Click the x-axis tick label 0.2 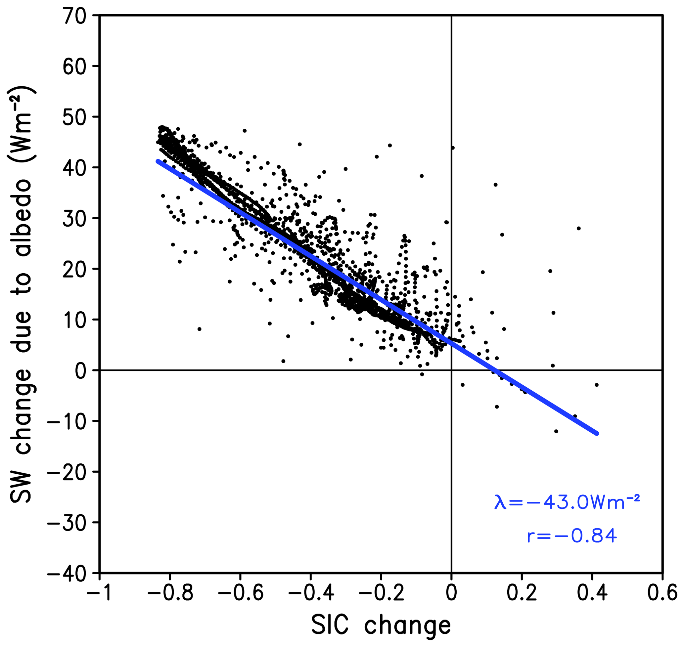[522, 593]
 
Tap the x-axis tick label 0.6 [662, 593]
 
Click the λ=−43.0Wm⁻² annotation [567, 502]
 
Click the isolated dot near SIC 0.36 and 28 [579, 228]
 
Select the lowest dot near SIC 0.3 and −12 [556, 431]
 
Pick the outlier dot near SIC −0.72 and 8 [199, 329]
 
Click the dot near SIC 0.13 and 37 [495, 185]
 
